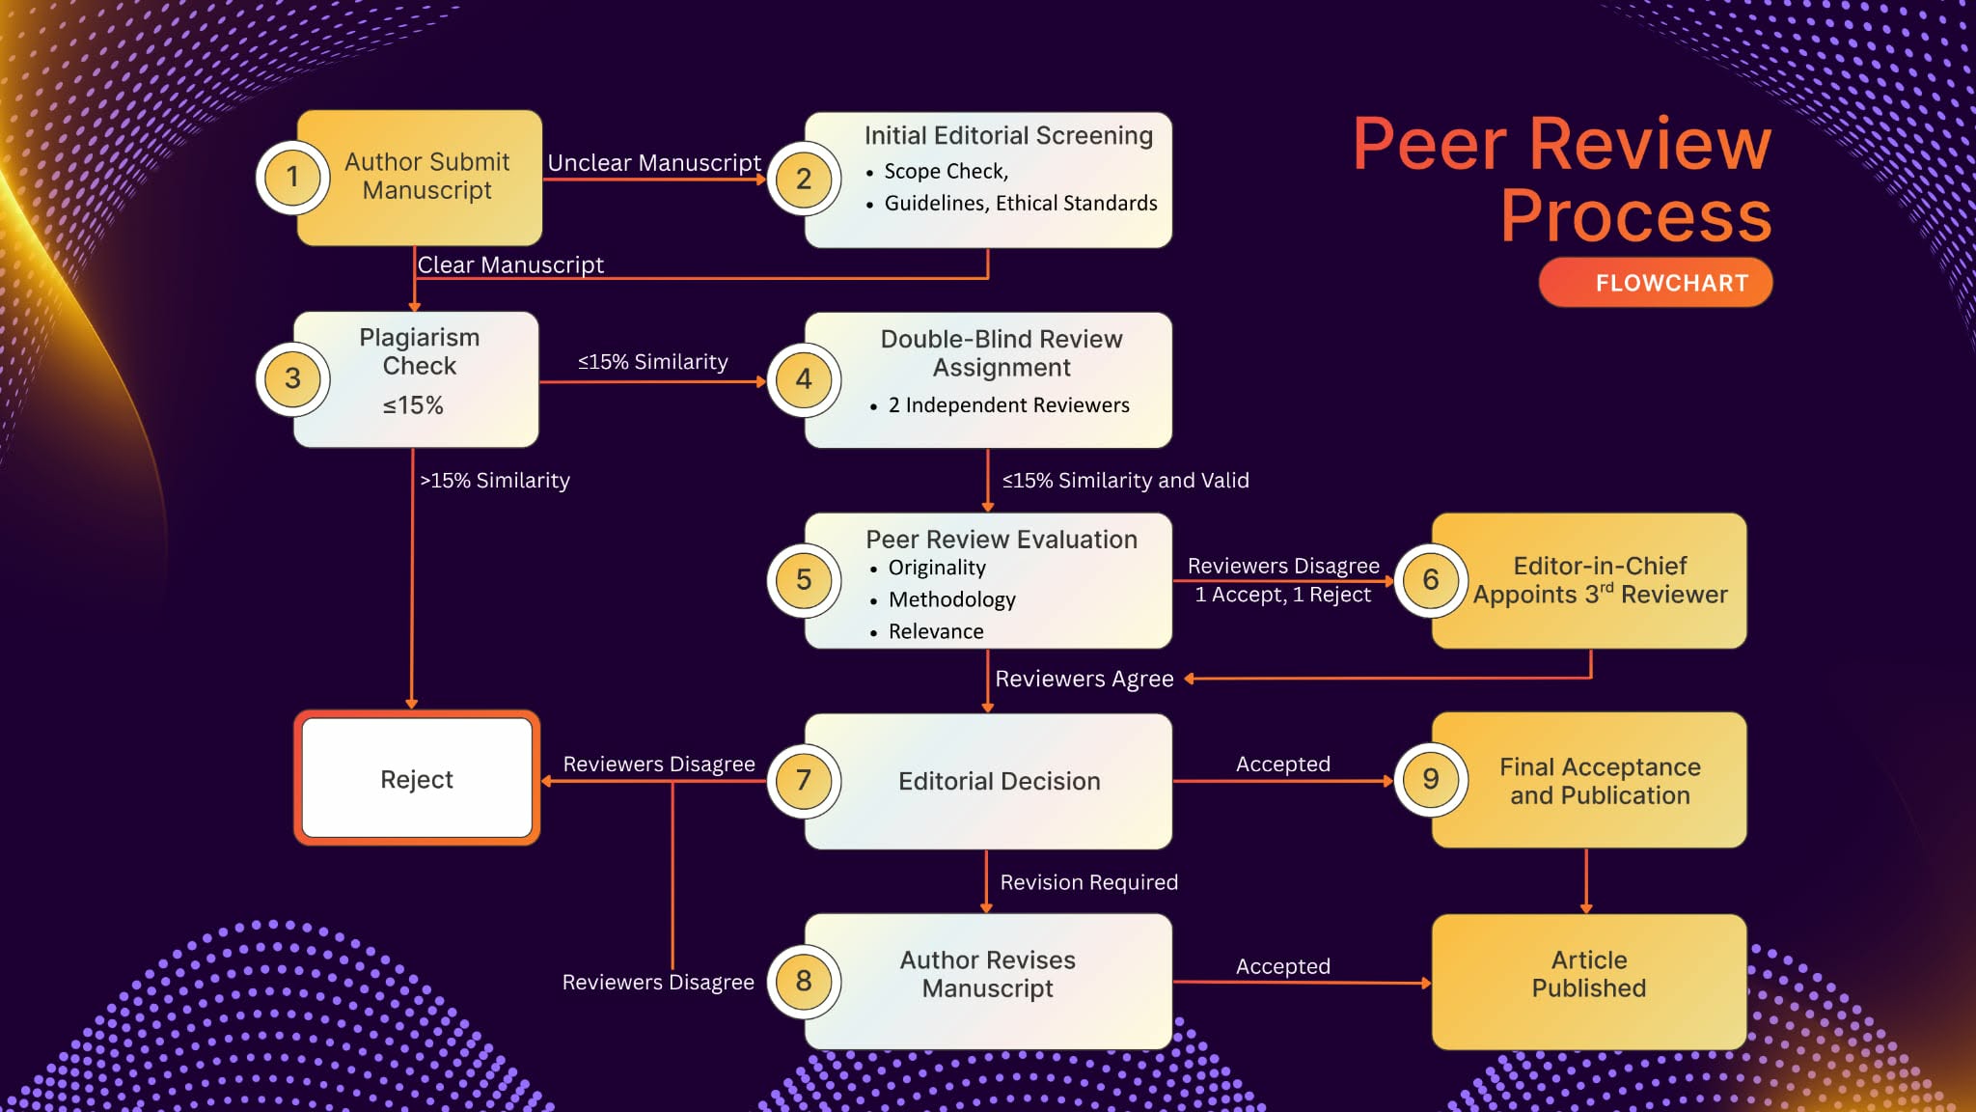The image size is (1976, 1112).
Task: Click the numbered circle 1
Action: click(292, 178)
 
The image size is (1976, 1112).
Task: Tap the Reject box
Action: click(417, 779)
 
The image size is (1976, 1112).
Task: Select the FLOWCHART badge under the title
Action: click(1656, 283)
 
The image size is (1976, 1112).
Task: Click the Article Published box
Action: click(1588, 975)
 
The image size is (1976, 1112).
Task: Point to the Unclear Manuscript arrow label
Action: click(654, 163)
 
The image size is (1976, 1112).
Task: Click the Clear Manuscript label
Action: click(510, 264)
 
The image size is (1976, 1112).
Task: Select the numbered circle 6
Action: click(1430, 579)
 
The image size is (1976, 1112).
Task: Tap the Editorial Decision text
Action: click(999, 781)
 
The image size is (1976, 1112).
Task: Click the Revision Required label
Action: click(1088, 882)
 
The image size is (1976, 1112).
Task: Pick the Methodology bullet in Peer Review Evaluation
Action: click(951, 599)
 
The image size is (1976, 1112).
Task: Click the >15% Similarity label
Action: click(495, 481)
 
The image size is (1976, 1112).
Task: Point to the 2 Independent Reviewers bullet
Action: click(1008, 405)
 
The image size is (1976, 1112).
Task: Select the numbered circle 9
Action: click(1430, 779)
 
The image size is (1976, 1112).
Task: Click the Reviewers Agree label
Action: click(1084, 679)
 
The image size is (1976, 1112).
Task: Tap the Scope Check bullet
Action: click(946, 172)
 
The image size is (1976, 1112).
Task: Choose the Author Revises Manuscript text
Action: click(987, 974)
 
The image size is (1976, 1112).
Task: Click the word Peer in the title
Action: click(1429, 145)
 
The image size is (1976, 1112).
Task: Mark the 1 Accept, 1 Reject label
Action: click(1282, 595)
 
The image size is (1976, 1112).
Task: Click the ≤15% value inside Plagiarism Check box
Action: click(413, 405)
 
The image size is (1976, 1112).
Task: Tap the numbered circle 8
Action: click(803, 981)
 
